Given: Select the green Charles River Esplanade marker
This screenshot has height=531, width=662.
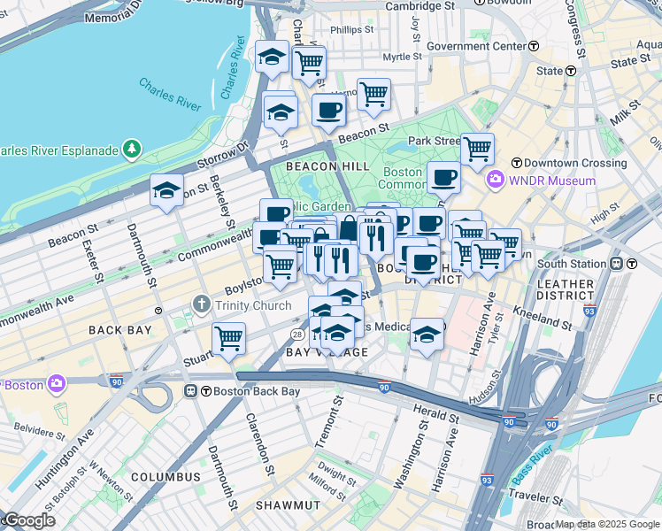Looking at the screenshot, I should point(132,149).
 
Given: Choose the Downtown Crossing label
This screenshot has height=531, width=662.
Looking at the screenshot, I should point(565,163).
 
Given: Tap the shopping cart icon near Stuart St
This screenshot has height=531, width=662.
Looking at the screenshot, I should point(229,338).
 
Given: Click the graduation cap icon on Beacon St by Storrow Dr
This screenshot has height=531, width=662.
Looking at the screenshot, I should point(166,190).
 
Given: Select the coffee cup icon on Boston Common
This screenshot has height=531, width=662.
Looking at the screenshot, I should point(443,177).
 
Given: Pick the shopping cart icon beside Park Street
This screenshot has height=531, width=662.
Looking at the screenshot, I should point(477,149).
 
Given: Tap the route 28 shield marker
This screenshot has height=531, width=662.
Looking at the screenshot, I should point(298,334).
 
